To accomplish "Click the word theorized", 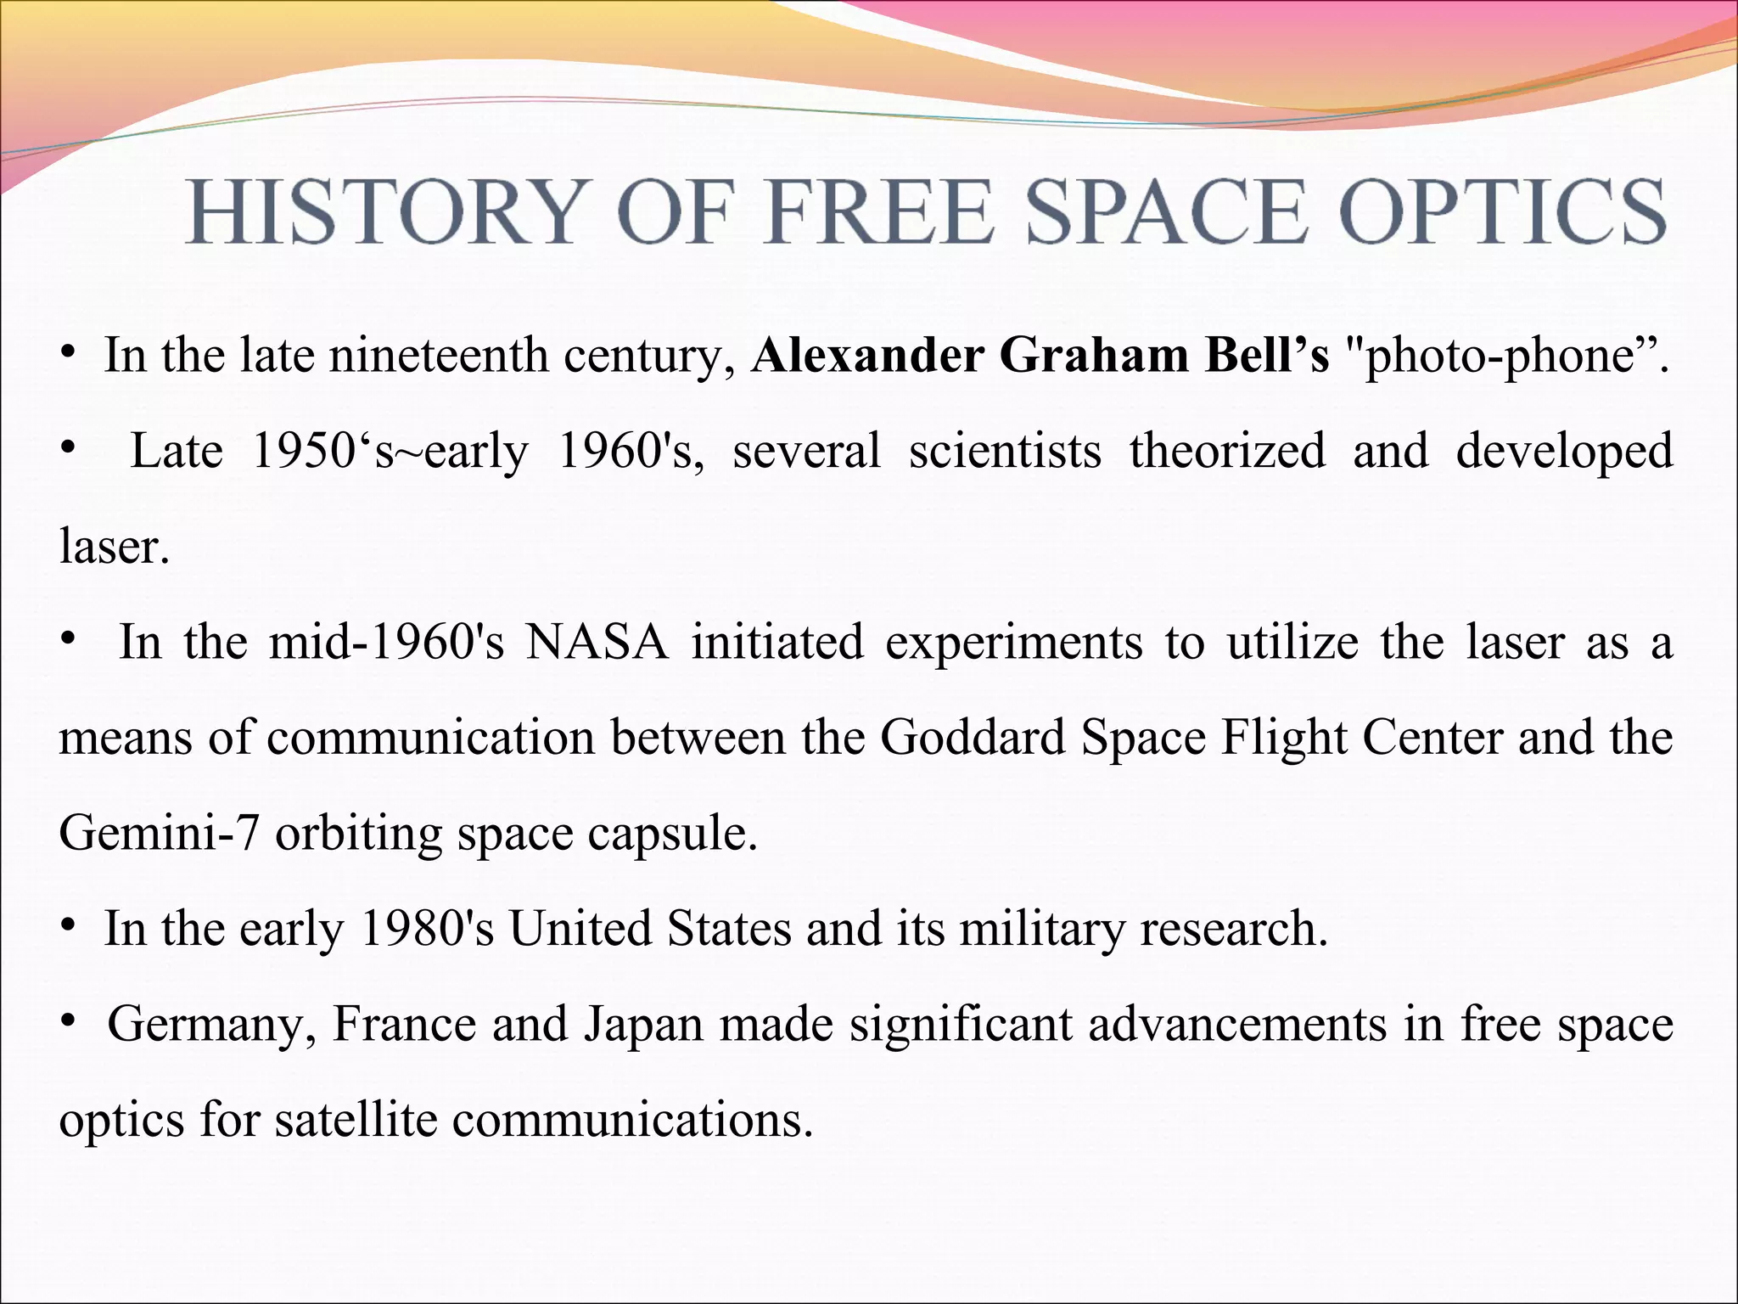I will point(1227,451).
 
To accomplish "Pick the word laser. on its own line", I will point(115,546).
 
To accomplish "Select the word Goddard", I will point(973,737).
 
